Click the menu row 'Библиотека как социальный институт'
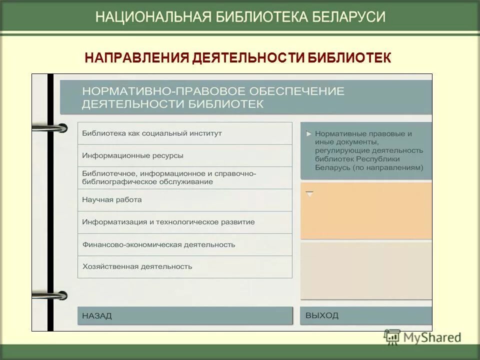point(184,133)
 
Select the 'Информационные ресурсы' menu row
point(184,155)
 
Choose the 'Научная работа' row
point(184,200)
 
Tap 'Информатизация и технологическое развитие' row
point(184,222)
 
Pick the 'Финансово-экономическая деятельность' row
point(184,244)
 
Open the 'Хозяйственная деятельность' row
point(184,266)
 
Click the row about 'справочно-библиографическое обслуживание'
point(184,177)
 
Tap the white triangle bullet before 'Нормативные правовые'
point(309,134)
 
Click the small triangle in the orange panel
point(310,193)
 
